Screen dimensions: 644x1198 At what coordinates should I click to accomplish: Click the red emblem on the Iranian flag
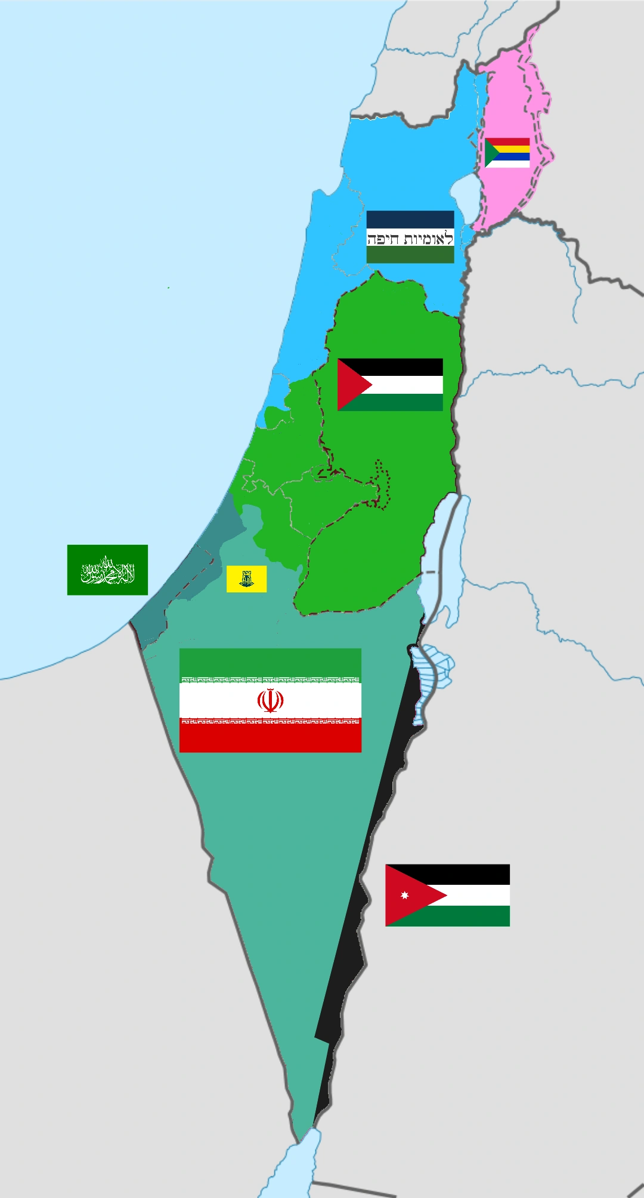[x=270, y=700]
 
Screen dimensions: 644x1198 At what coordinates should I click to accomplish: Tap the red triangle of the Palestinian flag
[x=351, y=385]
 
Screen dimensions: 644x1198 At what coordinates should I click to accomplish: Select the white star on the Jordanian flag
[x=404, y=895]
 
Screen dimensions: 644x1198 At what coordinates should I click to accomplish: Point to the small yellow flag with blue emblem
[x=246, y=579]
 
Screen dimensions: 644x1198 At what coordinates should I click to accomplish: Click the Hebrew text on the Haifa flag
[x=410, y=239]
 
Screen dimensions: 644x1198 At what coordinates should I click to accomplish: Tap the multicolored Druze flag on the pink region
[x=507, y=153]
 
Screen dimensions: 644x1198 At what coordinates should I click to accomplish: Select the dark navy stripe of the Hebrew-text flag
[x=410, y=219]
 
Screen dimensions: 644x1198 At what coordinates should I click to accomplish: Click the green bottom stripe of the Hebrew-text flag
[x=410, y=255]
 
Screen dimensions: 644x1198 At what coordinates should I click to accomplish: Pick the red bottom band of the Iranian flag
[x=270, y=738]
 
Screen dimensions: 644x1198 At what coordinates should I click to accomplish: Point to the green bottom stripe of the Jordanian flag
[x=465, y=916]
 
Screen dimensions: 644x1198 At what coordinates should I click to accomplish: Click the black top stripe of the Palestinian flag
[x=400, y=367]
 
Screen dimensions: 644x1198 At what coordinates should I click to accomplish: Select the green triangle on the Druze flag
[x=491, y=153]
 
